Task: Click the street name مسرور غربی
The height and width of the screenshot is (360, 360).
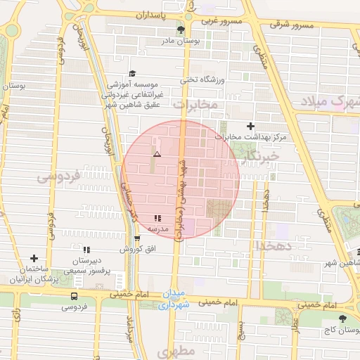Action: click(x=223, y=21)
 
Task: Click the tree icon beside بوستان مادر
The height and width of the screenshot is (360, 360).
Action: click(x=181, y=30)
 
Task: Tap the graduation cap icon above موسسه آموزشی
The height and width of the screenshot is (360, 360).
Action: click(x=132, y=73)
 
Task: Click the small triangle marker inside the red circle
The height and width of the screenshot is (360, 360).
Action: click(x=157, y=153)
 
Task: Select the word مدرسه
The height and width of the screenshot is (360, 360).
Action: click(x=157, y=229)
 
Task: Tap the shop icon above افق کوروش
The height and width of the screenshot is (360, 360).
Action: click(x=136, y=238)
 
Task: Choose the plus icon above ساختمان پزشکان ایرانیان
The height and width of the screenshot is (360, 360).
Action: click(x=34, y=258)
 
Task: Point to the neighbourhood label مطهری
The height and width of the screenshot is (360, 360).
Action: click(x=175, y=351)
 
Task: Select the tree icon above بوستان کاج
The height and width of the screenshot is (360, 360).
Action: click(x=342, y=319)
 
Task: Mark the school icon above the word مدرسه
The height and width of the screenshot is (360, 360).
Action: click(x=157, y=219)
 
